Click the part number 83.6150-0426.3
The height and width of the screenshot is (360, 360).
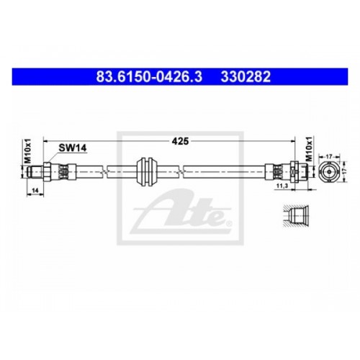tap(149, 77)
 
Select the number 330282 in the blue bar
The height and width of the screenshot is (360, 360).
tap(246, 77)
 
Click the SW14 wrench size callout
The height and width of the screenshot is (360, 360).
tap(73, 148)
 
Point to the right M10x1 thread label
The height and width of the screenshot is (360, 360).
tap(310, 149)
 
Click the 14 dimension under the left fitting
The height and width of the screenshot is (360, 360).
tap(35, 191)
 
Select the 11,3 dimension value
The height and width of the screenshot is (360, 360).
tap(282, 186)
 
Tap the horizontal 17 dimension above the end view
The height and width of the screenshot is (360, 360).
tap(329, 156)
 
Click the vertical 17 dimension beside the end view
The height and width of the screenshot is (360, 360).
tap(343, 171)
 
